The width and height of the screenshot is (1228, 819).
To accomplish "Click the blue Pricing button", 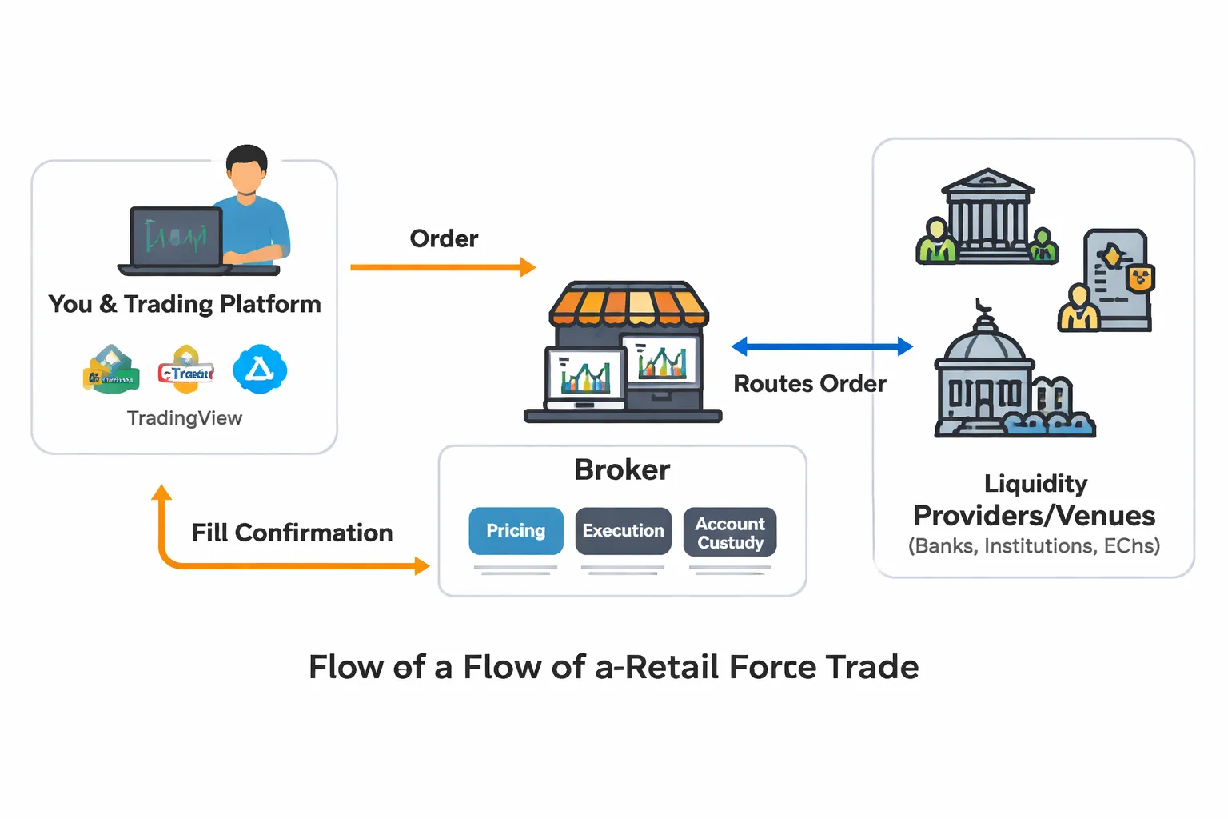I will (516, 531).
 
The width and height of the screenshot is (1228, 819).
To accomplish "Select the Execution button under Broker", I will (623, 531).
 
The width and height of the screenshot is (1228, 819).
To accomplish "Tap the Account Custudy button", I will (729, 533).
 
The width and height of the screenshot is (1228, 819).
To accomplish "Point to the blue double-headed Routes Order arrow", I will (822, 346).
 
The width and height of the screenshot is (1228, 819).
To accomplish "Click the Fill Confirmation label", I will (292, 533).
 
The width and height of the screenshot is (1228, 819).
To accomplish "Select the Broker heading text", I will (622, 470).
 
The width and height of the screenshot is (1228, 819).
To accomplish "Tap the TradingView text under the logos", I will (184, 418).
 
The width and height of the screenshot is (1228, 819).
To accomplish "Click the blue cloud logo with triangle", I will (259, 370).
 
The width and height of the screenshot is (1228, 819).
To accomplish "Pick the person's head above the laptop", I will (246, 170).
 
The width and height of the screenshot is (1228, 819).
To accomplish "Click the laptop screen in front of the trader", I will (176, 237).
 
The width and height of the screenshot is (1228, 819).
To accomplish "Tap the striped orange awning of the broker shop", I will (628, 304).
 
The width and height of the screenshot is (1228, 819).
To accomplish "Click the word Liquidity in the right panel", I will (1035, 484).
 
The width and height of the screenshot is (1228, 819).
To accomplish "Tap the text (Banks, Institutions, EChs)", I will (1034, 546).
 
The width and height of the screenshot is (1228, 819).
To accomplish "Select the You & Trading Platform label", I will (185, 305).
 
